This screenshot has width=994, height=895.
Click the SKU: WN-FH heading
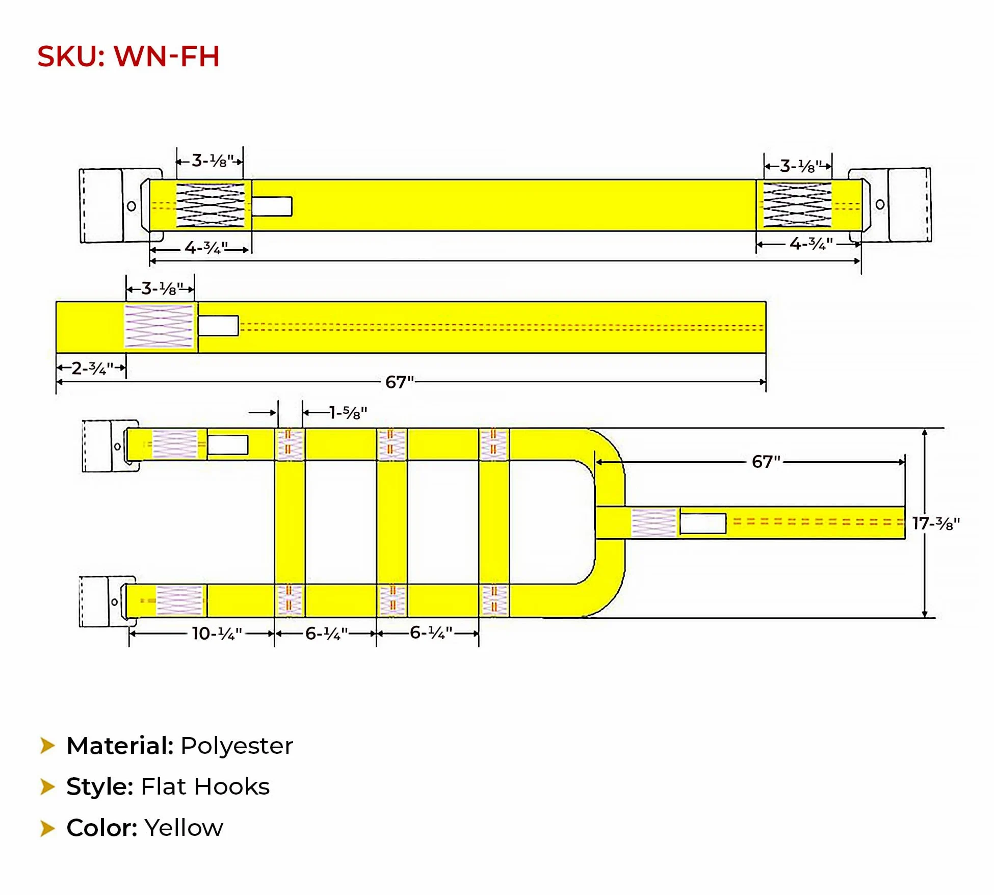(x=128, y=56)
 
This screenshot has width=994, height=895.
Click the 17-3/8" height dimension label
(x=936, y=523)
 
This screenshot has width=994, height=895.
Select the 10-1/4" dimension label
(x=217, y=634)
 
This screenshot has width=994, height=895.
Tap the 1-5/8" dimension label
(x=348, y=412)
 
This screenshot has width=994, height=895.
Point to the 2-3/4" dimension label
(x=92, y=368)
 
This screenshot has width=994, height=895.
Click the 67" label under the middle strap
(x=400, y=382)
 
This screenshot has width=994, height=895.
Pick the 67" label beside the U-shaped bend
(x=766, y=462)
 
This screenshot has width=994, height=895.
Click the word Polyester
(x=237, y=746)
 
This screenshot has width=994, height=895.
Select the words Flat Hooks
(x=205, y=786)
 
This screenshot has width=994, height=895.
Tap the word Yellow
(x=184, y=828)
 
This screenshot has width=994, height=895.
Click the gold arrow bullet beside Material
(x=47, y=745)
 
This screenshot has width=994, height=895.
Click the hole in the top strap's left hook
(x=132, y=206)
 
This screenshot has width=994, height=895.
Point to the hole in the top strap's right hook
(x=880, y=204)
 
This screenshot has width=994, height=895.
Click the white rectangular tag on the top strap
(x=272, y=206)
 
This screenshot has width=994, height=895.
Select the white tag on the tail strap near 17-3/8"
(x=703, y=523)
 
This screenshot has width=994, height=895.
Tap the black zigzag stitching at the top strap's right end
(x=797, y=204)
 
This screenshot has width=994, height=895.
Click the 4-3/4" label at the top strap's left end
(x=206, y=248)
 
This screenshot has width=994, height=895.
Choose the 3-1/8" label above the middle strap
(x=162, y=289)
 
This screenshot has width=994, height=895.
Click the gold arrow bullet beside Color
(x=47, y=828)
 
